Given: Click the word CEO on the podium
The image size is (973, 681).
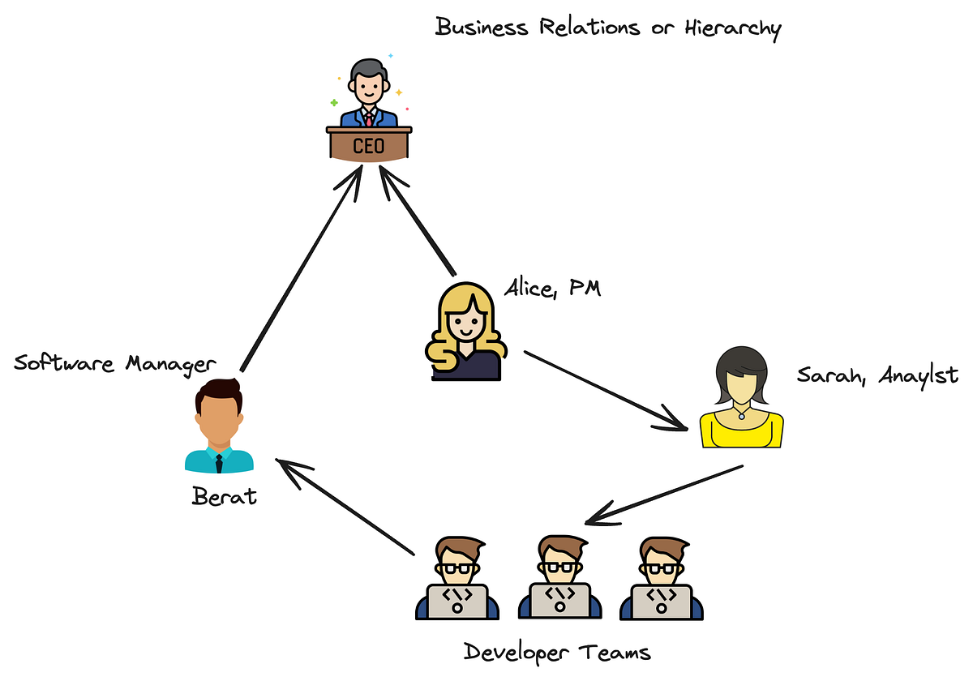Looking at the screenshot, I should (369, 146).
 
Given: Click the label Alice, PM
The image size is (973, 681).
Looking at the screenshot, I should (552, 288).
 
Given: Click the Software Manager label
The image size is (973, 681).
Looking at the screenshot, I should (115, 363).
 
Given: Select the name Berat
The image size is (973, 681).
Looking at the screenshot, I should (225, 495).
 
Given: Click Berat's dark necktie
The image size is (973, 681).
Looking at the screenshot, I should (219, 464).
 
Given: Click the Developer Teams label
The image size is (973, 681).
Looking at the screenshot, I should (557, 651).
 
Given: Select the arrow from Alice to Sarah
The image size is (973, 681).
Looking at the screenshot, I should (608, 389).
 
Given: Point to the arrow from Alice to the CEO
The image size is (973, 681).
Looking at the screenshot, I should (418, 219).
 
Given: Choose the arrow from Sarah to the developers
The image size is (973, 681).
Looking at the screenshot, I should (665, 495).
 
